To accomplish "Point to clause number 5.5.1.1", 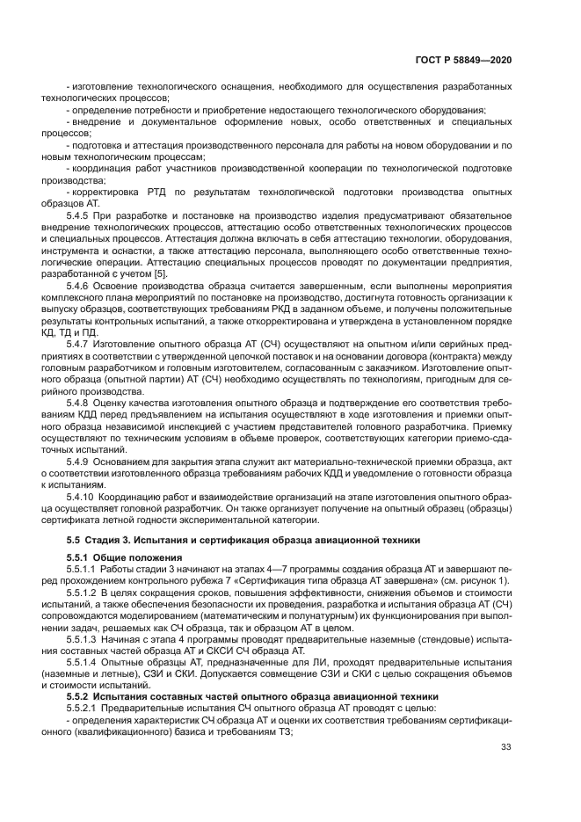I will coord(84,570).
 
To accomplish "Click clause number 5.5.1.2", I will coord(84,593).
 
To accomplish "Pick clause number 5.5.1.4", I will coord(84,661).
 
